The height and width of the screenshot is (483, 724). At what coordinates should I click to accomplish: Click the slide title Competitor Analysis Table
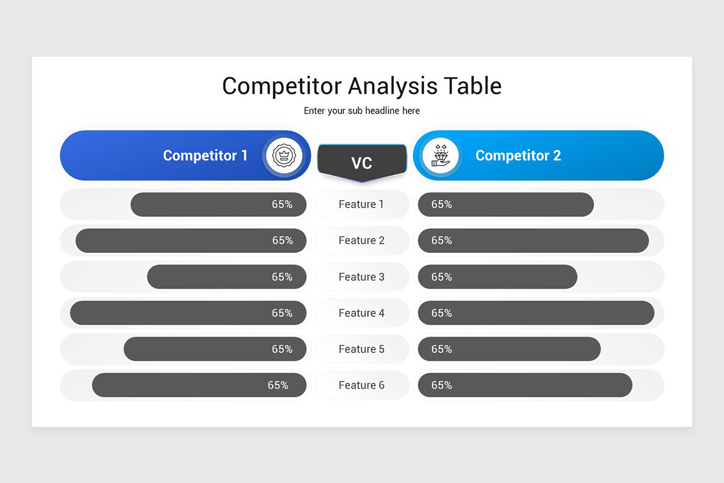(x=361, y=86)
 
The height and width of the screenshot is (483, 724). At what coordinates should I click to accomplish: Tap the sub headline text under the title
(x=361, y=111)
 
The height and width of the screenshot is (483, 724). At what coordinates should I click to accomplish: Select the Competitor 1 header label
(x=205, y=155)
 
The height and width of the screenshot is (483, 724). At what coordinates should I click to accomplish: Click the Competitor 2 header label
(x=518, y=155)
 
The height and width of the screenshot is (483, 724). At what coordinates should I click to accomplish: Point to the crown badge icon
(x=282, y=155)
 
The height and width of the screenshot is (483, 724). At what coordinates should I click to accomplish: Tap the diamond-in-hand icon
(x=441, y=155)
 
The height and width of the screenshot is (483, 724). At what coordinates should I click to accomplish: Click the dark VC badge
(x=361, y=162)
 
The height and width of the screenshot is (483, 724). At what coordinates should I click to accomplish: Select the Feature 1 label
(x=361, y=204)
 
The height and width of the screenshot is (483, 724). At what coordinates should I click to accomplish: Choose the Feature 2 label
(x=361, y=240)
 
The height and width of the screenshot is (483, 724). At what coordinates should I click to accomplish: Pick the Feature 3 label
(x=361, y=277)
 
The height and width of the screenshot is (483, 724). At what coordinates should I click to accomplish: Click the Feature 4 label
(x=361, y=313)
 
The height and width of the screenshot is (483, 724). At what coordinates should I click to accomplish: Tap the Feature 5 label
(x=361, y=349)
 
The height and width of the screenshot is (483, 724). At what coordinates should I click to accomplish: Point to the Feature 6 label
(x=361, y=385)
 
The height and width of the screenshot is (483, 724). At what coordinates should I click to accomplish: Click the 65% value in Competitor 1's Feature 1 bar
(x=282, y=204)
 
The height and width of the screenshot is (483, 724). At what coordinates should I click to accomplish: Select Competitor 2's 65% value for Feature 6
(x=442, y=385)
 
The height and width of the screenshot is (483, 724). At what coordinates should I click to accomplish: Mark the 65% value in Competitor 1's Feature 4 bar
(x=282, y=313)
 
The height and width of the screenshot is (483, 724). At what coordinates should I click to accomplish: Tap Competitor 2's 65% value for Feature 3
(x=442, y=277)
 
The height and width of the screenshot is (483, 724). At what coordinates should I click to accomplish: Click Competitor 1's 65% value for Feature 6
(x=278, y=385)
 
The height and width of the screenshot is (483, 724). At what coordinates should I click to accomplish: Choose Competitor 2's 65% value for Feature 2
(x=442, y=240)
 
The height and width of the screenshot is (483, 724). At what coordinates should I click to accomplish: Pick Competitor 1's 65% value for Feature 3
(x=282, y=277)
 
